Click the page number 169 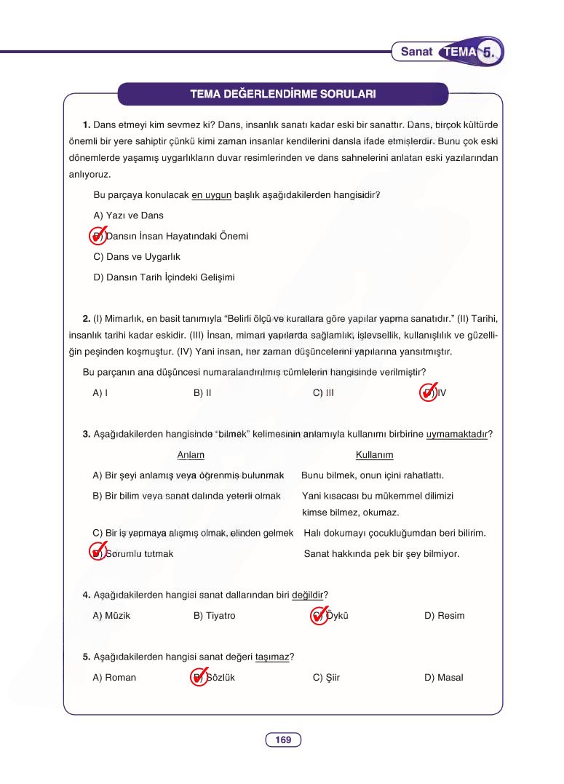pos(283,740)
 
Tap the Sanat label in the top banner pos(416,52)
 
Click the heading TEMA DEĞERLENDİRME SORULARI pos(282,94)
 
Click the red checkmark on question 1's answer pos(98,236)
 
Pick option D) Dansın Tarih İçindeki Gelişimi pos(164,277)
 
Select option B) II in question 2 pos(202,392)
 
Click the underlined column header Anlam pos(191,455)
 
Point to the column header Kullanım pos(374,455)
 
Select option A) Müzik pos(112,616)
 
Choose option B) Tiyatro pos(215,616)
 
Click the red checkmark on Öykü pos(319,615)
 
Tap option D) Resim pos(444,616)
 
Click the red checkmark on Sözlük pos(199,677)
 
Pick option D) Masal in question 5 pos(443,678)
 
